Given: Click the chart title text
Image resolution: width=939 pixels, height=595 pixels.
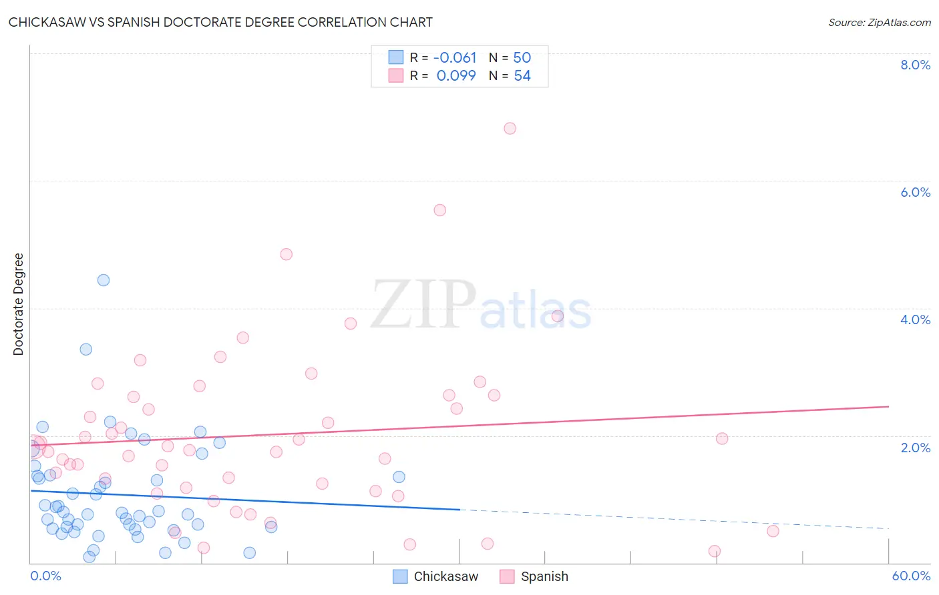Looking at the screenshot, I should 220,22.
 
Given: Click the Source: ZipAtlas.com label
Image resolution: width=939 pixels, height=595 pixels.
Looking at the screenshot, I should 879,22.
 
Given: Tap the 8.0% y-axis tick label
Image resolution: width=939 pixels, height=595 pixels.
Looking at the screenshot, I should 915,65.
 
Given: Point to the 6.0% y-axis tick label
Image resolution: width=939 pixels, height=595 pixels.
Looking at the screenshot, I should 915,192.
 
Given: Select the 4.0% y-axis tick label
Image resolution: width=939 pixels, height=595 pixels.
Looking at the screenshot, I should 915,320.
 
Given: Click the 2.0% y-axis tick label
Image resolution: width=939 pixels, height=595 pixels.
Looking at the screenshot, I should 915,448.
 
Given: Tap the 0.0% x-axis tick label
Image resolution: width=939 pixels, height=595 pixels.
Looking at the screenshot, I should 45,576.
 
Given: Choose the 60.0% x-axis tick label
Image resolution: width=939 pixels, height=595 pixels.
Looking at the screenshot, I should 911,576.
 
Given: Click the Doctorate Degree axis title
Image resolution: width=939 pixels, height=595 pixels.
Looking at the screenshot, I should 18,304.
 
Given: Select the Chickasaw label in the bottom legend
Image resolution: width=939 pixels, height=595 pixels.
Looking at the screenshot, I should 445,576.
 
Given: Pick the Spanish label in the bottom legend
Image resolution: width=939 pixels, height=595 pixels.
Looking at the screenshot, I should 544,576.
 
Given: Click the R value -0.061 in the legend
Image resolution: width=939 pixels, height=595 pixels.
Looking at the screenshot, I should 455,57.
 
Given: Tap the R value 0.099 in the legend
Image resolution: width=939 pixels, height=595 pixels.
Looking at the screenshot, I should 456,75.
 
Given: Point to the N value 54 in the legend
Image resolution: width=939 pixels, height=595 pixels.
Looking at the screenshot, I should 522,75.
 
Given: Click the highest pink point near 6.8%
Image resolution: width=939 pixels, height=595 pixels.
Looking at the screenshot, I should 510,128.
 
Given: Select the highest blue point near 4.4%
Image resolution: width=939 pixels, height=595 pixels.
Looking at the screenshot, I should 104,280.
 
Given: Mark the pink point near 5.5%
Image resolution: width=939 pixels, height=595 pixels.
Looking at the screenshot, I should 439,210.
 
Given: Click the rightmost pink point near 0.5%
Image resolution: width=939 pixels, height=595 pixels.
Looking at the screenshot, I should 773,531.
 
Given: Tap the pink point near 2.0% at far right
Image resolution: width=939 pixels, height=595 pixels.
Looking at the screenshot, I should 722,438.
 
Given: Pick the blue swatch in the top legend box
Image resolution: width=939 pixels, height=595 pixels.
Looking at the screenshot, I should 396,57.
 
